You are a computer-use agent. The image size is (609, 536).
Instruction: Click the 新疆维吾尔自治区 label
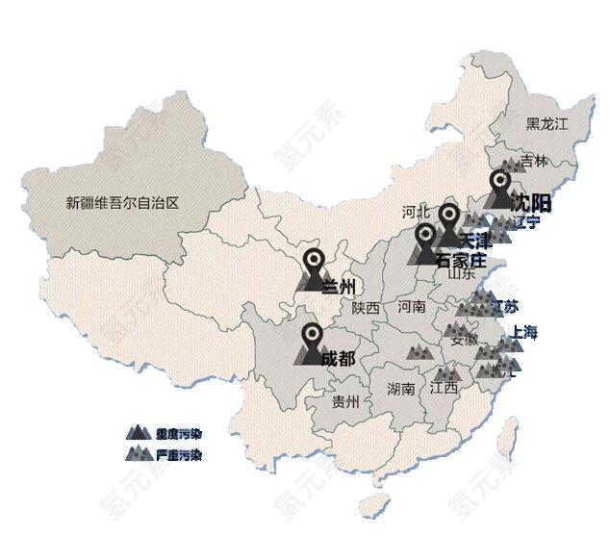(123, 203)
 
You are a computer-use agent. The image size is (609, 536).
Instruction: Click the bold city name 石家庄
(461, 261)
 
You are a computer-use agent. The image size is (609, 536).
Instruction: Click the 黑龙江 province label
(546, 124)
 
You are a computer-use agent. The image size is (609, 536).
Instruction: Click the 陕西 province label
(366, 308)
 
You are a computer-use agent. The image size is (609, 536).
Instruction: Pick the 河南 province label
(411, 308)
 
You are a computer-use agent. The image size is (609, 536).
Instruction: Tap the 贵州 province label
(344, 401)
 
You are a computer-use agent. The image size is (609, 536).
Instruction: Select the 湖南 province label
(400, 389)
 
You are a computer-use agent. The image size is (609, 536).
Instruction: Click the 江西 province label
(444, 388)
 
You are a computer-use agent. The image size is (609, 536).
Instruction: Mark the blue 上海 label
(525, 333)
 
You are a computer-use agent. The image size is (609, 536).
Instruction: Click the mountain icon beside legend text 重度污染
(140, 433)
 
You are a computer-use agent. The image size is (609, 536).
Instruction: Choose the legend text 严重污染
(178, 455)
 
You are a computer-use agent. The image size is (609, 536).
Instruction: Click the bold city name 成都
(337, 358)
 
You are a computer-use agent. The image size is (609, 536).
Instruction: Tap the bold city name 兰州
(339, 286)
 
